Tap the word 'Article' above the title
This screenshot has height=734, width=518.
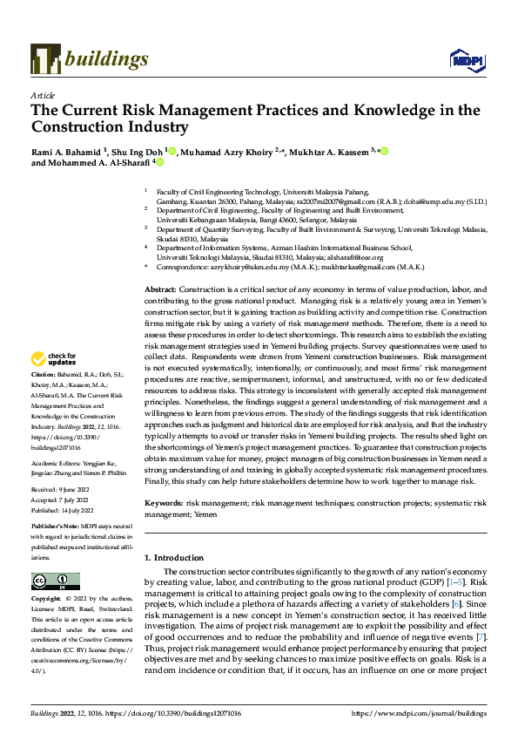pos(43,95)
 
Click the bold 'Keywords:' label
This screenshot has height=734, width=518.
pos(164,504)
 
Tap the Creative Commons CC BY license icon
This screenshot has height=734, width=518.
pos(56,581)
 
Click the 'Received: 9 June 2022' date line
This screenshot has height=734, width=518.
pos(64,490)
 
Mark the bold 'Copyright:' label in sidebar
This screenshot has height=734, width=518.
pos(49,601)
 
